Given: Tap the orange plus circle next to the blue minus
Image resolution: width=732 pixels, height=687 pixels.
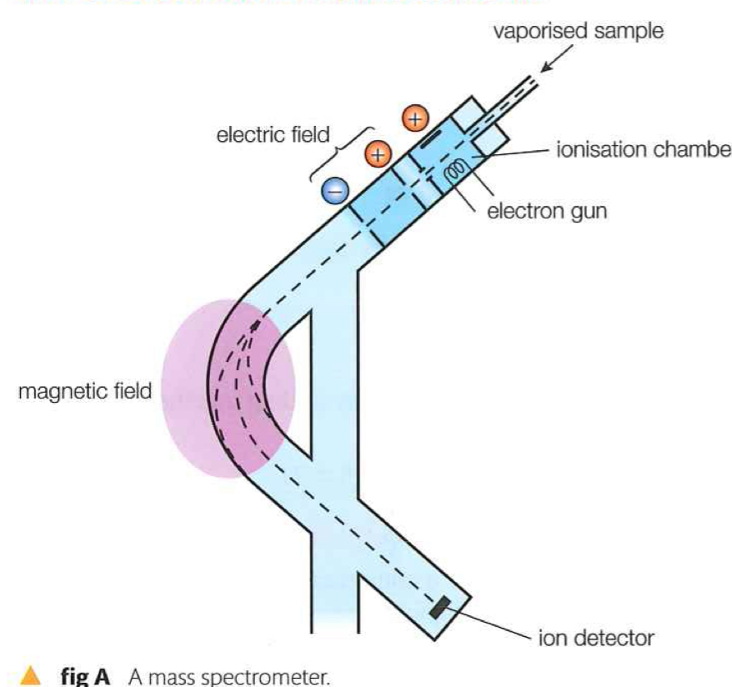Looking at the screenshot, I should coord(377,153).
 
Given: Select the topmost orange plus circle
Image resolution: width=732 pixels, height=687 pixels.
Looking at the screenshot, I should coord(414,118).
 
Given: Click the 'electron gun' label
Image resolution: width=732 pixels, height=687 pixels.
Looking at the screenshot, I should coord(546,211).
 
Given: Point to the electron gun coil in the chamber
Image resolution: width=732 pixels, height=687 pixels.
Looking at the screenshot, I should coord(455,171).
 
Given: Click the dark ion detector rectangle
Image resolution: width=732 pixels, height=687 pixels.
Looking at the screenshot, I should coord(438,609).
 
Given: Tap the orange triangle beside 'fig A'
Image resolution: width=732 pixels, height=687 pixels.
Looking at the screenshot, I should coord(31,674).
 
